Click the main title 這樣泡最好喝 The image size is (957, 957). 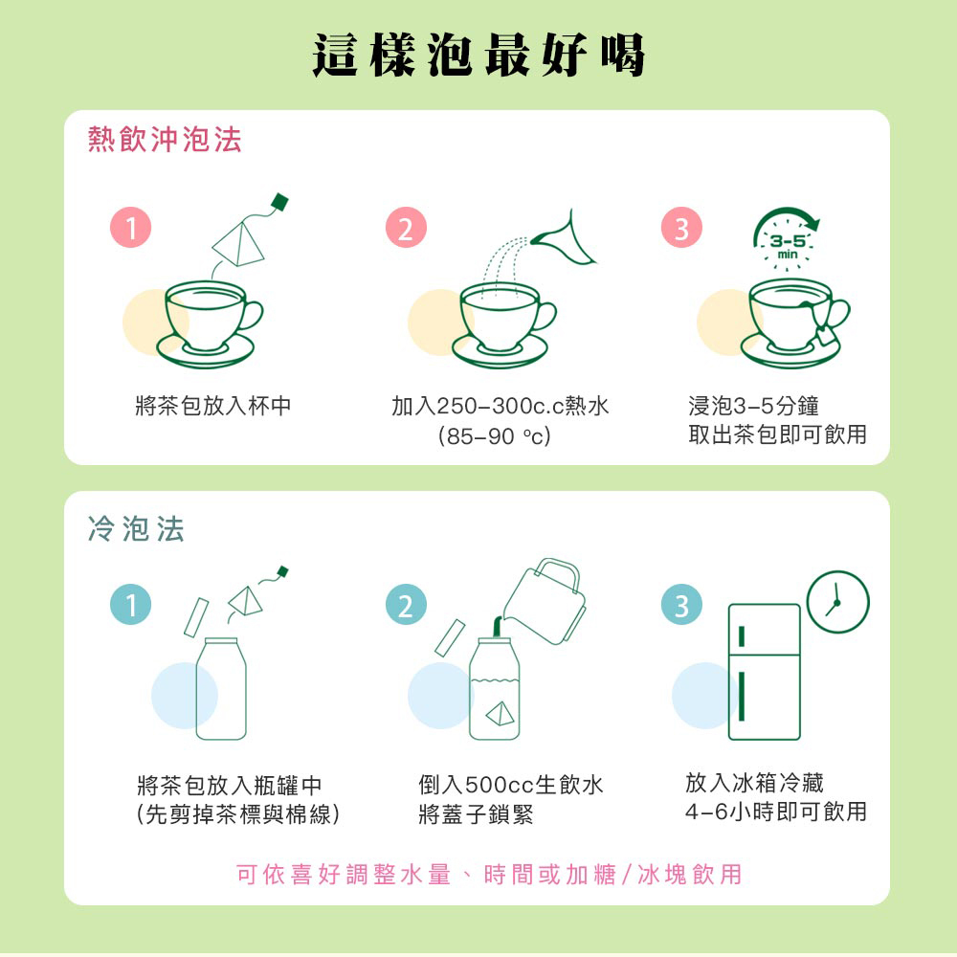pos(478,55)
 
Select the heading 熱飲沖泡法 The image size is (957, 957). pos(165,139)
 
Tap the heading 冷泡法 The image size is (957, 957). pos(136,528)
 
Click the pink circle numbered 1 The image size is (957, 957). pos(130,228)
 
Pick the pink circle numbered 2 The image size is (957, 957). pos(406,228)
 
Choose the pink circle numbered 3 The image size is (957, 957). pos(681,228)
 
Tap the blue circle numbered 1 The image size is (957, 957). pos(130,605)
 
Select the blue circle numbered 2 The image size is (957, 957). pos(406,605)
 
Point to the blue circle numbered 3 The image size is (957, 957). pos(681,605)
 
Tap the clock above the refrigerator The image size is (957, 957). pos(838,602)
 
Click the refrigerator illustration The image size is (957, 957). pos(764,672)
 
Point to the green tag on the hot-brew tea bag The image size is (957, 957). pos(279,202)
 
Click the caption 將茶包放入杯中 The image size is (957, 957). pos(213,406)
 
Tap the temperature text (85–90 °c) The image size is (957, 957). pos(495,435)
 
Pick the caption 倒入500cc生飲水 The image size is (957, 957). pos(511,785)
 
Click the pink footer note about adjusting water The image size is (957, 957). pos(489,875)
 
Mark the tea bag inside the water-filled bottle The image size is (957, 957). pos(500,713)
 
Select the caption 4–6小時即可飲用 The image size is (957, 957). pos(776,812)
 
